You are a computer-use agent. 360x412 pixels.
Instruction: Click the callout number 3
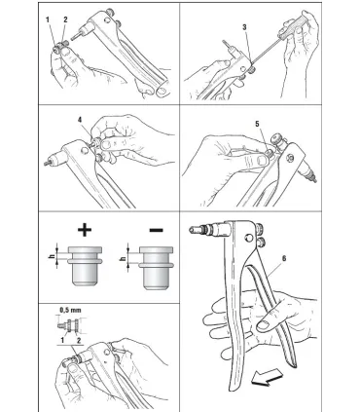tap(244, 27)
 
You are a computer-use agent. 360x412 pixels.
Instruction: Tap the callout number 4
tap(80, 120)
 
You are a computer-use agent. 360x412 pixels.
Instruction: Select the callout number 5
tap(257, 124)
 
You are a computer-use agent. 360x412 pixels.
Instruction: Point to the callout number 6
tap(284, 258)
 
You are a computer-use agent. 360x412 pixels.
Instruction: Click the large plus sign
tap(85, 230)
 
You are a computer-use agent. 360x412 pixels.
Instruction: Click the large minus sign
tap(157, 230)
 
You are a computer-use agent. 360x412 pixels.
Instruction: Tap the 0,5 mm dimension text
tap(70, 310)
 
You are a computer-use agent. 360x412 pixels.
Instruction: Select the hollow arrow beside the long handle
tap(268, 378)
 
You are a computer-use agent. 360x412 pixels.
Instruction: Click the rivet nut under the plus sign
tap(85, 266)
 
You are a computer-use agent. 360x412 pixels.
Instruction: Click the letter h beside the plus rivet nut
tap(52, 257)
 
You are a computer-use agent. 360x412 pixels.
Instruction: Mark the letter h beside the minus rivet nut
tap(123, 259)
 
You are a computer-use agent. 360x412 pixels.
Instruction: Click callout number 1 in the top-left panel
tap(48, 19)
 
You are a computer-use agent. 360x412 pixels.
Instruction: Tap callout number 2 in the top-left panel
tap(65, 19)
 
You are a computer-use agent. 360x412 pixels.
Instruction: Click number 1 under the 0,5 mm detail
tap(63, 340)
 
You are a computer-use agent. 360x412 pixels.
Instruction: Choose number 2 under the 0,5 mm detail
tap(78, 340)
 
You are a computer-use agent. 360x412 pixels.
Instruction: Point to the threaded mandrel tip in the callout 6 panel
tap(194, 230)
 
